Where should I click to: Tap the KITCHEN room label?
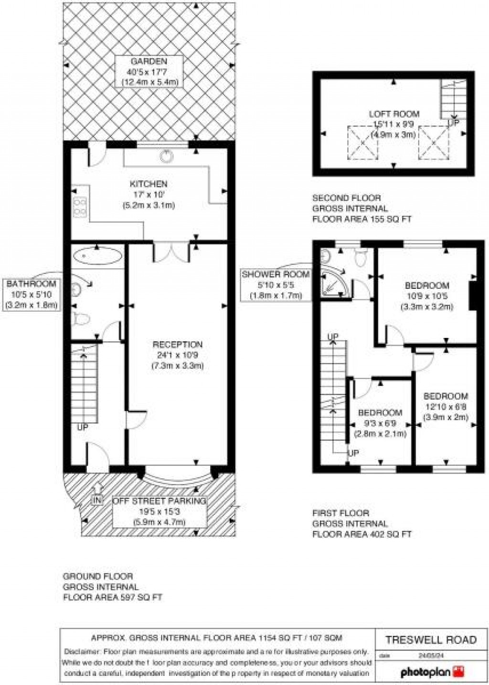(149, 184)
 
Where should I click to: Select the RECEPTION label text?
(178, 344)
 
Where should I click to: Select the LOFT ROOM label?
(394, 114)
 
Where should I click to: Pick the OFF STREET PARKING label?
(159, 501)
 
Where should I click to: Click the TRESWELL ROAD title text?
(431, 640)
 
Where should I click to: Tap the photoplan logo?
(432, 672)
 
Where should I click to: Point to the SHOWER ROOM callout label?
(276, 274)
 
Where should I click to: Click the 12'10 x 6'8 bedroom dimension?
(445, 406)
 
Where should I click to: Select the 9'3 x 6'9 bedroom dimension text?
(380, 423)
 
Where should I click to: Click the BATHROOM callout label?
(32, 284)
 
